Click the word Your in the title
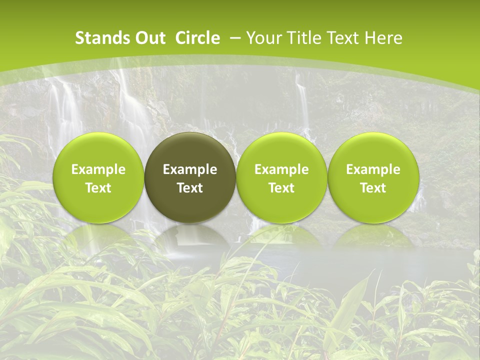pyautogui.click(x=263, y=38)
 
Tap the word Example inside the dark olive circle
pyautogui.click(x=190, y=169)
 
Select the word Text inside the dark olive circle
pyautogui.click(x=190, y=188)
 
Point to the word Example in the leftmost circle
pyautogui.click(x=98, y=169)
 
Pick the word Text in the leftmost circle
pyautogui.click(x=98, y=188)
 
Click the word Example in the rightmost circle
pyautogui.click(x=373, y=169)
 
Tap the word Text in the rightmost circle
pyautogui.click(x=373, y=188)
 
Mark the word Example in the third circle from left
pyautogui.click(x=281, y=169)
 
